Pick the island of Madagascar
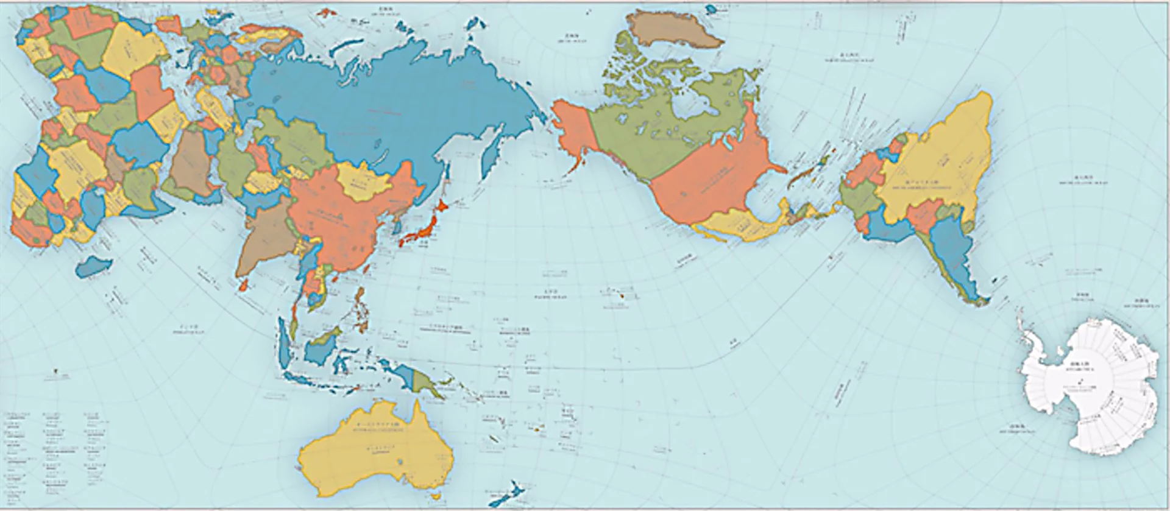(94, 266)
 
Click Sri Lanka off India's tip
(244, 285)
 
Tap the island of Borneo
(323, 347)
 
